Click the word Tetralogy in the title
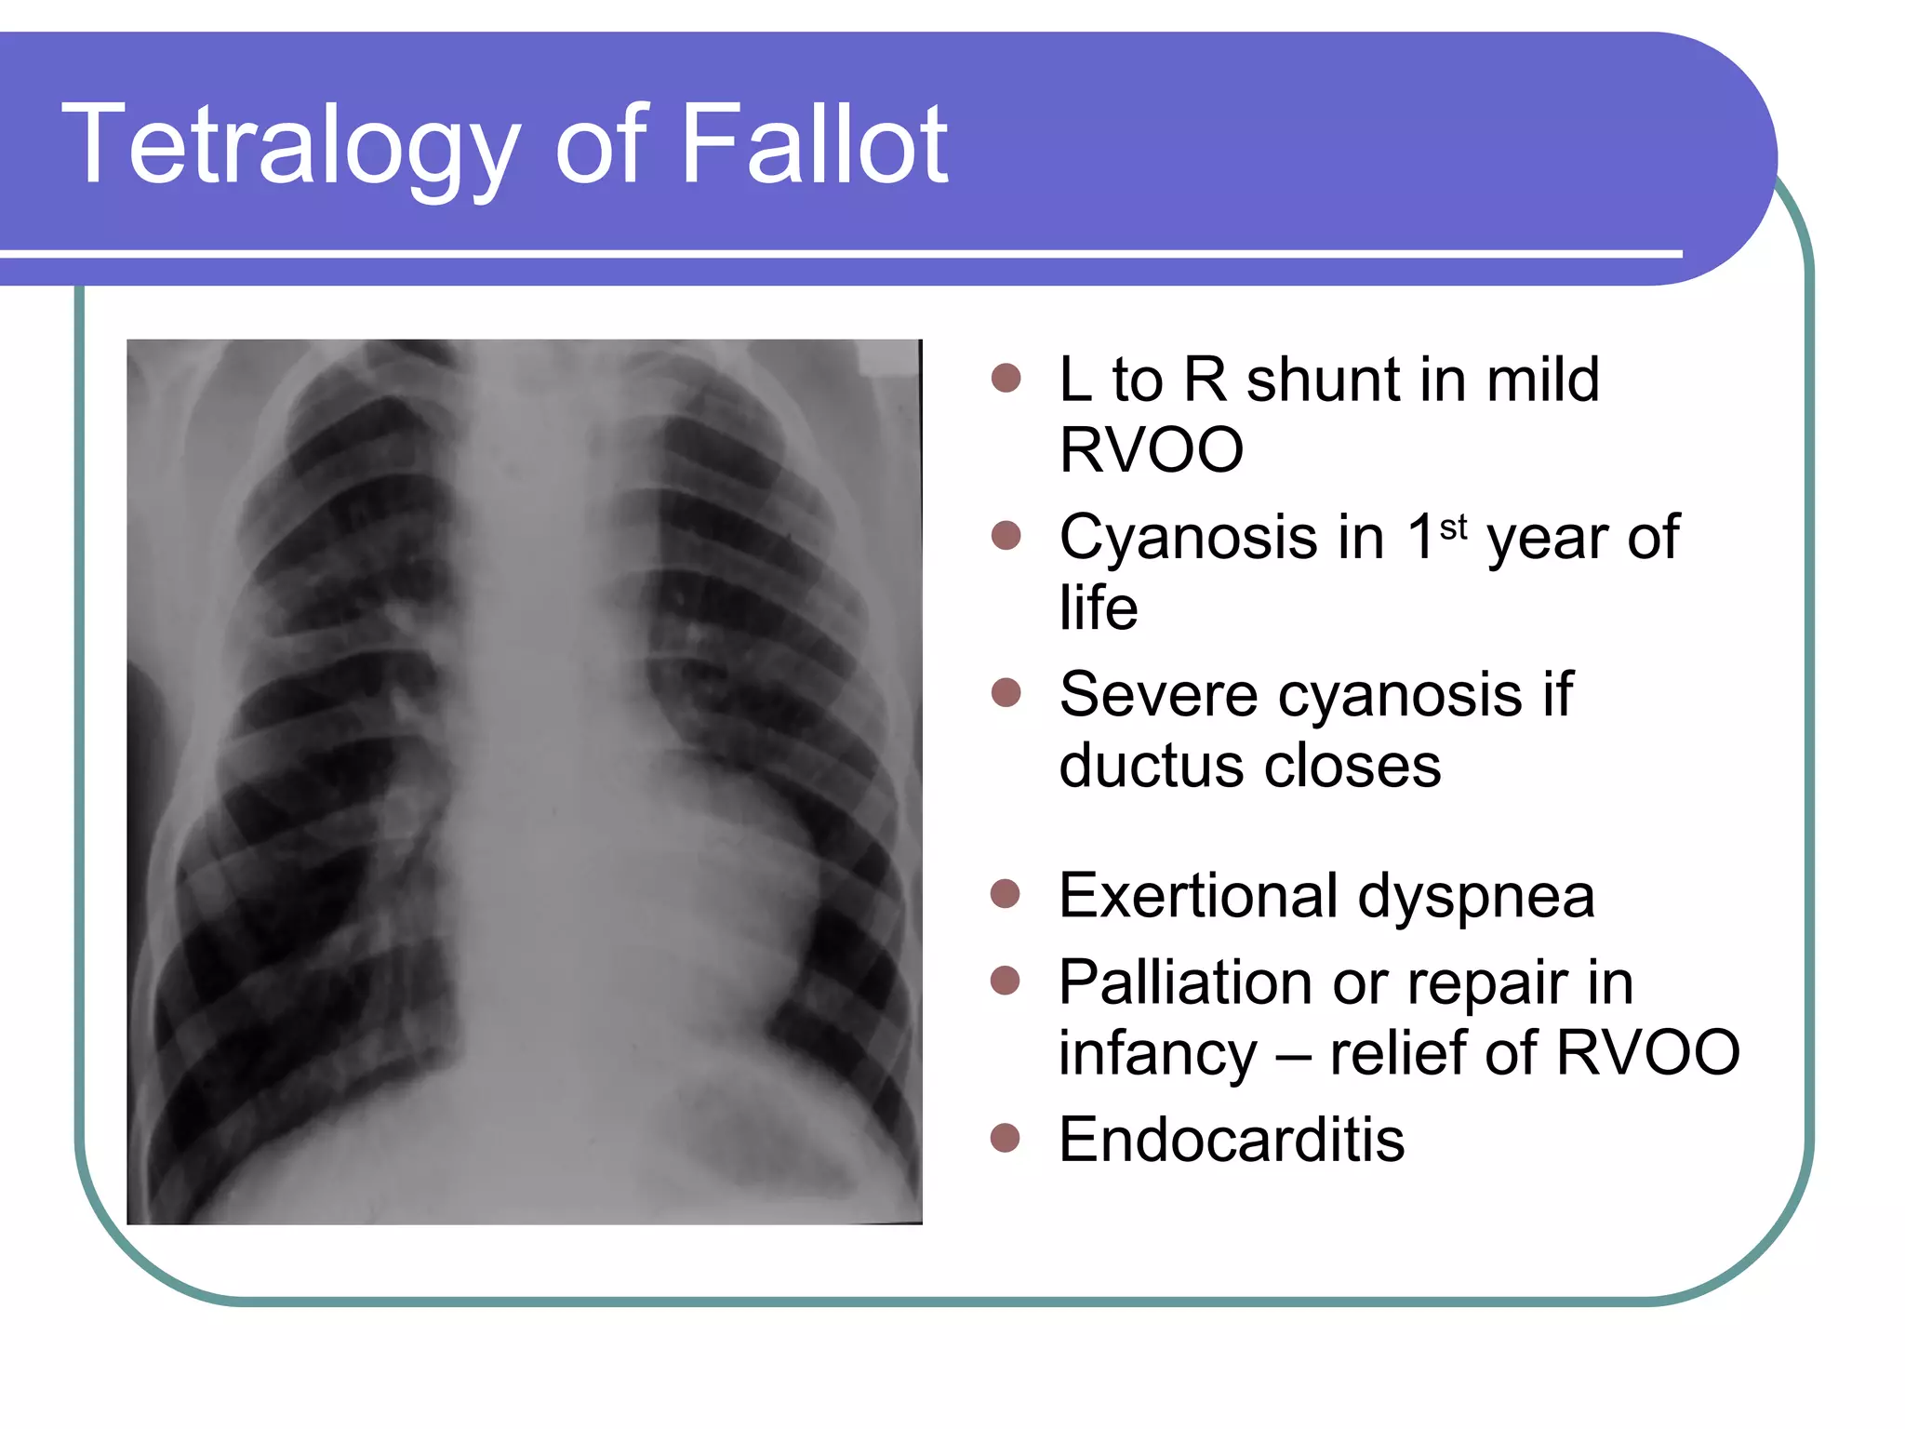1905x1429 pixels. point(289,146)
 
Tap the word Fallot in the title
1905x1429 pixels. point(814,146)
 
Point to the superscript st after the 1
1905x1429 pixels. point(1453,528)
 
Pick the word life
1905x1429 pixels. point(1098,608)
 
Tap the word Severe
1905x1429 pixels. point(1158,695)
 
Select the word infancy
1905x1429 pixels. point(1158,1053)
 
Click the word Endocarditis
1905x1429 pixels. point(1232,1140)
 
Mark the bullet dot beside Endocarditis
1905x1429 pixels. point(1006,1138)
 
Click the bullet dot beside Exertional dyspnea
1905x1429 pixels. point(1006,894)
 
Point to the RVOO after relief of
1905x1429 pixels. point(1647,1053)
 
